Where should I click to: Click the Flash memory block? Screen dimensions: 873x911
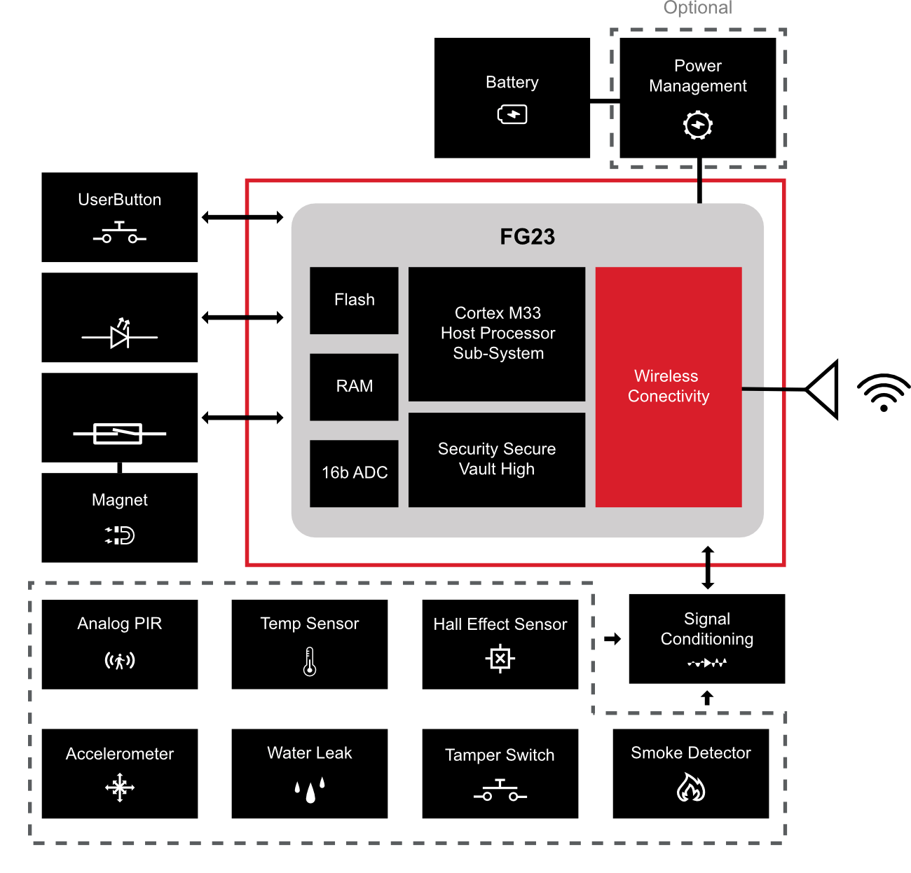pos(354,301)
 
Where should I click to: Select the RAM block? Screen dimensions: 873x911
pos(354,387)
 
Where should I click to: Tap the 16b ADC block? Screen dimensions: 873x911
pos(354,473)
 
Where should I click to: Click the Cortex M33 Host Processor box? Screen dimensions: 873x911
pos(497,334)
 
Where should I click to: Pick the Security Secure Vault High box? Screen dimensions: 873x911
pos(497,459)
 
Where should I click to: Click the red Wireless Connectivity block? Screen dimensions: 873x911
pos(668,387)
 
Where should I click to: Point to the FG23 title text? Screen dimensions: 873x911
pos(527,237)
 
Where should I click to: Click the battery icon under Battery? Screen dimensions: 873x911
pos(512,114)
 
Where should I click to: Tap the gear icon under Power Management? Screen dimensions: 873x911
pos(698,125)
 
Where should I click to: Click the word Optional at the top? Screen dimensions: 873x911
pos(697,8)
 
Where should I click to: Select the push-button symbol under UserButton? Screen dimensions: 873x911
pos(120,233)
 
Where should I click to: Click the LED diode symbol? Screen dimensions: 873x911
pos(120,336)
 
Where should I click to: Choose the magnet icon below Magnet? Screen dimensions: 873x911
pos(120,535)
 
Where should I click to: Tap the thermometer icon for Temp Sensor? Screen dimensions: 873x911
pos(310,661)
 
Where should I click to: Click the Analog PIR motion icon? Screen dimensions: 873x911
pos(120,660)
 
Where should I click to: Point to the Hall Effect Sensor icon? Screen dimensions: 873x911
pos(500,659)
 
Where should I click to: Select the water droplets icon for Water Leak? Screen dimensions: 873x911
pos(310,790)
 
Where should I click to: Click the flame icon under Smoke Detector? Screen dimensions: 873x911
pos(691,788)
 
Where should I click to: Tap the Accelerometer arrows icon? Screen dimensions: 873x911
pos(120,788)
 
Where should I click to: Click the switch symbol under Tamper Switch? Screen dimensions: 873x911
pos(500,791)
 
